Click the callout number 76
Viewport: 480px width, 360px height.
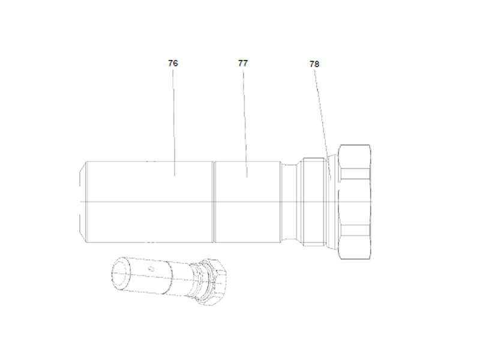pos(173,62)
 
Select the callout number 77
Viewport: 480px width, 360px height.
pos(242,62)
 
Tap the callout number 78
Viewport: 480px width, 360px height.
pos(314,64)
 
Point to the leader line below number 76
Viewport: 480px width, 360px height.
pos(174,120)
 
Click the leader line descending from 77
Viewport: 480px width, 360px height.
pos(244,120)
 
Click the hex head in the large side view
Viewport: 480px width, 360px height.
pos(354,202)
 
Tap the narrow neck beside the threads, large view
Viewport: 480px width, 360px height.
pos(290,202)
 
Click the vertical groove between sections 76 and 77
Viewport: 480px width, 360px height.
pos(214,202)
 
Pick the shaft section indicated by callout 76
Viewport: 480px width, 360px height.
pos(150,202)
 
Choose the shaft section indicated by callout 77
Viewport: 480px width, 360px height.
pos(247,202)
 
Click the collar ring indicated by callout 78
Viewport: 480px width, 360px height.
pos(331,202)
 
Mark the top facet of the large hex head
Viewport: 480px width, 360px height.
pos(355,156)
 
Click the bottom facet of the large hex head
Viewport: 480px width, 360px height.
pos(355,247)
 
